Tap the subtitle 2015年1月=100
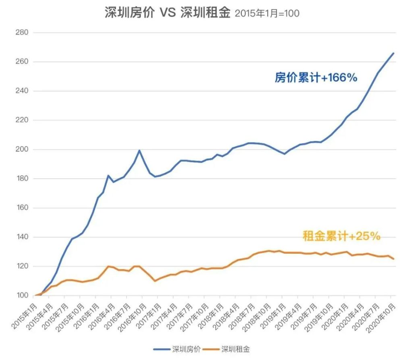click(x=267, y=14)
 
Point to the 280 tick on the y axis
click(x=22, y=33)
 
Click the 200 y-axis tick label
click(x=22, y=149)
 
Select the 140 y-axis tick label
click(x=22, y=237)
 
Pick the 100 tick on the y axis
click(x=22, y=296)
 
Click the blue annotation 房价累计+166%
click(x=316, y=78)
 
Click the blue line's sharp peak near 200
click(x=139, y=151)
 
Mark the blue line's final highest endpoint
click(x=393, y=53)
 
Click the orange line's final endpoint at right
click(x=393, y=259)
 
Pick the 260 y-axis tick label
click(x=22, y=62)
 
